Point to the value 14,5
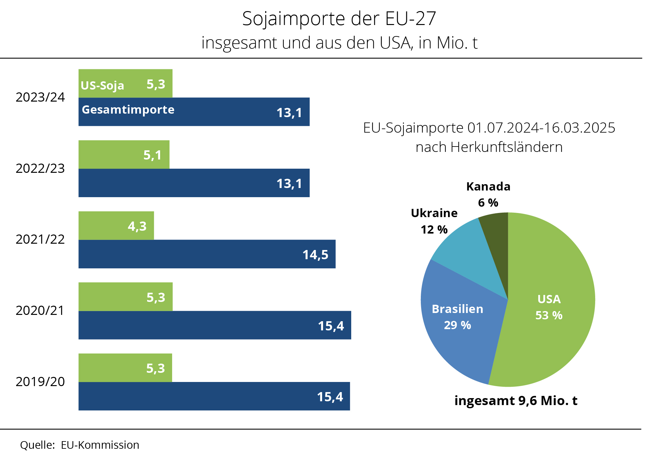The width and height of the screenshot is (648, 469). point(315,255)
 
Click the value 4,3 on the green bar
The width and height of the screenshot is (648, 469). point(137,226)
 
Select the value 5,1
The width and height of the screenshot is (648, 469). point(153,155)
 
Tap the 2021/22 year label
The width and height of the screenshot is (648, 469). point(40,239)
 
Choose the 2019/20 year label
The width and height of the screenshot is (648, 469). point(40,382)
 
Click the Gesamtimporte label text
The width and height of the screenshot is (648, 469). point(128,109)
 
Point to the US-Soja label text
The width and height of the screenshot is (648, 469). point(102,85)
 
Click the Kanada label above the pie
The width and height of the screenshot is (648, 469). point(488,187)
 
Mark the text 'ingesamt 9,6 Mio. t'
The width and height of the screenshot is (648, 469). point(516,401)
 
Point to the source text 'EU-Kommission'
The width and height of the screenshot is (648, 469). point(100,445)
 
